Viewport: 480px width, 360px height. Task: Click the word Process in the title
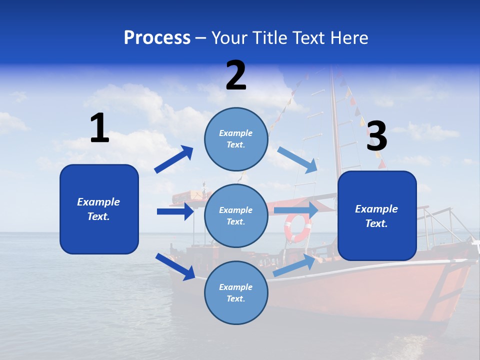pos(157,38)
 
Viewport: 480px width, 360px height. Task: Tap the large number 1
pos(99,128)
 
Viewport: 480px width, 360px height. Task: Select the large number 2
pos(236,76)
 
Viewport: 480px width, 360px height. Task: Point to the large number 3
pos(377,136)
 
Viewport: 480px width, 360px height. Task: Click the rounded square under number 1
pos(99,209)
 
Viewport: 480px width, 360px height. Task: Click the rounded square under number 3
pos(377,215)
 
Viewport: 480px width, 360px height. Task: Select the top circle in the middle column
pos(236,139)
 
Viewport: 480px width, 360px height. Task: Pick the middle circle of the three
pos(236,215)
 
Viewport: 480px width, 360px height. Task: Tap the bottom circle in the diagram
pos(236,292)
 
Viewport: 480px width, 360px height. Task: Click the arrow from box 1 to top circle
pos(174,159)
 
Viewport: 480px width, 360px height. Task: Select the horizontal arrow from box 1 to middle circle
pos(175,211)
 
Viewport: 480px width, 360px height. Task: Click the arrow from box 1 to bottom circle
pos(175,266)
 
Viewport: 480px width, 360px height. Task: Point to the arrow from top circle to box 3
pos(297,159)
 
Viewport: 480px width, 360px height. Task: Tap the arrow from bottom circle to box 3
pos(295,265)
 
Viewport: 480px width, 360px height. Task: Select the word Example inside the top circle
pos(236,133)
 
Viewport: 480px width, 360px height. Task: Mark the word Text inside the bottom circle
pos(236,298)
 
